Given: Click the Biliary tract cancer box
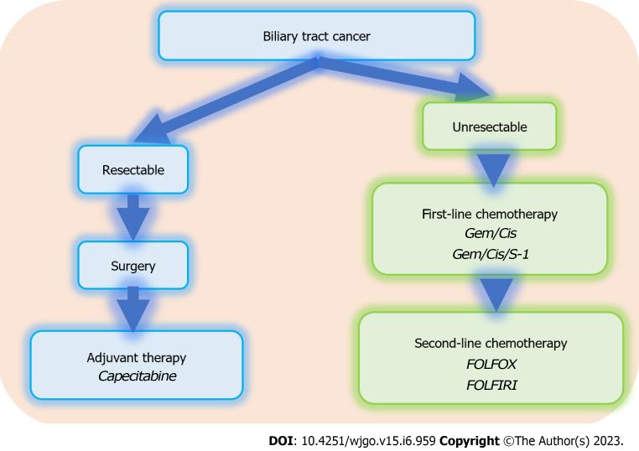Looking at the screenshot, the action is [317, 36].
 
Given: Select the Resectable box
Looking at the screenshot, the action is [132, 169].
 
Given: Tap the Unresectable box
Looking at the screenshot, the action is [490, 127].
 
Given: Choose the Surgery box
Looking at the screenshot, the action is [132, 266].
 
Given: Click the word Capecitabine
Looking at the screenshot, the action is [137, 376].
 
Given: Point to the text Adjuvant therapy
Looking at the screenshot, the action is [137, 358].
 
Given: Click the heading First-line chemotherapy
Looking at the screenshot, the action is [490, 214].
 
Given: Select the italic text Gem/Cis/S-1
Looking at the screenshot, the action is [491, 254].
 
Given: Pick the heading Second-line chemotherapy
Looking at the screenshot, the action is [491, 343].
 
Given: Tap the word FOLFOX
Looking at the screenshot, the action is [491, 364].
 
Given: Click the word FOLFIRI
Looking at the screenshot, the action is [491, 385].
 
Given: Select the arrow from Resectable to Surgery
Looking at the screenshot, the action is [132, 217].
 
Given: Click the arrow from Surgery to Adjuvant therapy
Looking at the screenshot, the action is [132, 308].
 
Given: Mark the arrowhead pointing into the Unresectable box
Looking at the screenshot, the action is [472, 87].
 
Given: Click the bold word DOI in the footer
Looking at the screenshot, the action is [280, 441].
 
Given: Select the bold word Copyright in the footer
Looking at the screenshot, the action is [470, 441].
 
